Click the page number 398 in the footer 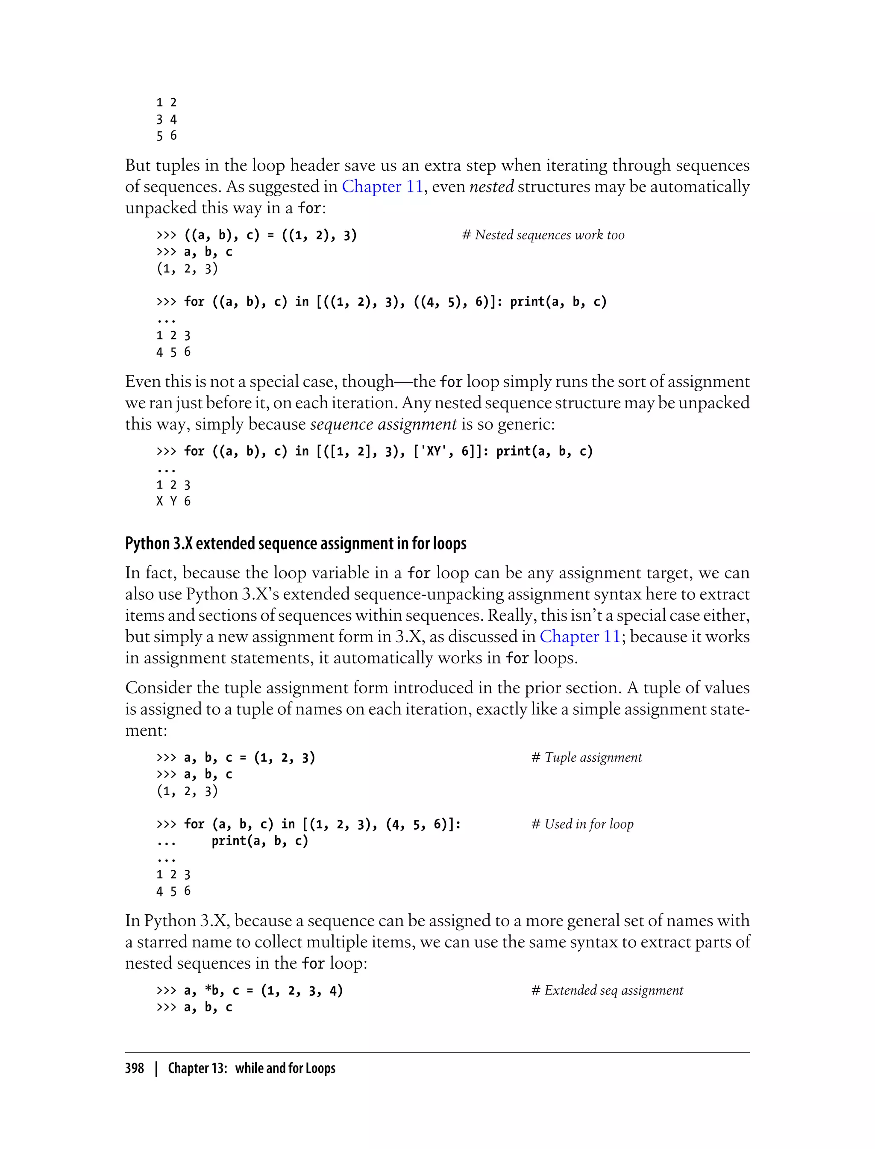click(x=135, y=1069)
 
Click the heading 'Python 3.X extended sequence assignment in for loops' click(x=295, y=543)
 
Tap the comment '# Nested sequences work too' click(x=543, y=235)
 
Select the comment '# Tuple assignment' click(x=587, y=757)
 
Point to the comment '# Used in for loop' click(x=582, y=824)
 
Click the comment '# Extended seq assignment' click(x=607, y=990)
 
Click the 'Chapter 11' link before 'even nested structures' click(x=382, y=186)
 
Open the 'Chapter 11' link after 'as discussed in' click(x=580, y=637)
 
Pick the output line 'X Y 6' click(x=173, y=501)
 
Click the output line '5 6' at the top click(x=167, y=136)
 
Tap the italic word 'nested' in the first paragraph click(x=491, y=186)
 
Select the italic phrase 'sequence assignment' click(x=383, y=424)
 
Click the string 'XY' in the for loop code click(x=433, y=451)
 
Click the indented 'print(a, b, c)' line click(x=259, y=840)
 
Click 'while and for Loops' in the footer click(x=285, y=1069)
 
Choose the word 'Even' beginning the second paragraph click(x=143, y=381)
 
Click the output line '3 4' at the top click(x=167, y=119)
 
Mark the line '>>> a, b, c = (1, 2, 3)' click(x=235, y=757)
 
